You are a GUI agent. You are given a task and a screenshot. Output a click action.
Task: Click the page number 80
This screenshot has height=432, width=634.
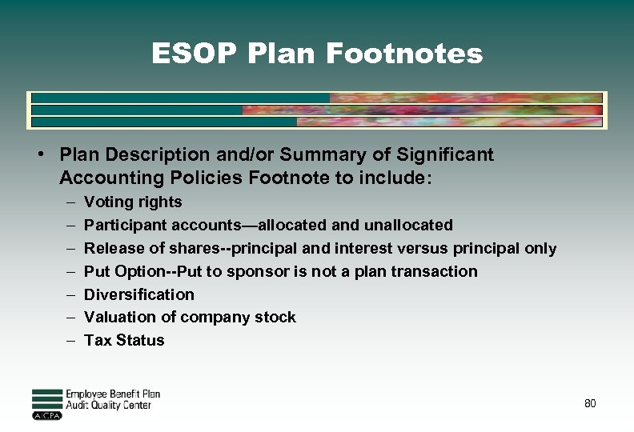click(x=590, y=403)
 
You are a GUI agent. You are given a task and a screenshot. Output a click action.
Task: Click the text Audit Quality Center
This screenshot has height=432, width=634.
click(x=108, y=406)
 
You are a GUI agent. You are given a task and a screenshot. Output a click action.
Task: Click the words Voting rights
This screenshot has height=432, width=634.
click(x=133, y=202)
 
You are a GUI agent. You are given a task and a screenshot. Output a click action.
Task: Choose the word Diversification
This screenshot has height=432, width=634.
click(x=139, y=294)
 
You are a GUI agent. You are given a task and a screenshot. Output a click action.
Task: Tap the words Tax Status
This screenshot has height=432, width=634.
click(x=124, y=340)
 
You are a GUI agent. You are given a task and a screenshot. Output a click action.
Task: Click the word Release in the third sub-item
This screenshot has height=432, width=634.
click(x=111, y=249)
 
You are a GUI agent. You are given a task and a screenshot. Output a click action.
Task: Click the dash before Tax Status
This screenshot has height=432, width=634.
click(x=70, y=340)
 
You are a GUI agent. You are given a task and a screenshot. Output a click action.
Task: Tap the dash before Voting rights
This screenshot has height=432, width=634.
click(x=70, y=202)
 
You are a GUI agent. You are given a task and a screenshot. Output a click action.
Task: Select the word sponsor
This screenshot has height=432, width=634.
click(x=258, y=271)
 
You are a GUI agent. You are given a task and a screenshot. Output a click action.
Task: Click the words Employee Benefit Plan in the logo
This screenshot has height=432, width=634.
click(x=113, y=394)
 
